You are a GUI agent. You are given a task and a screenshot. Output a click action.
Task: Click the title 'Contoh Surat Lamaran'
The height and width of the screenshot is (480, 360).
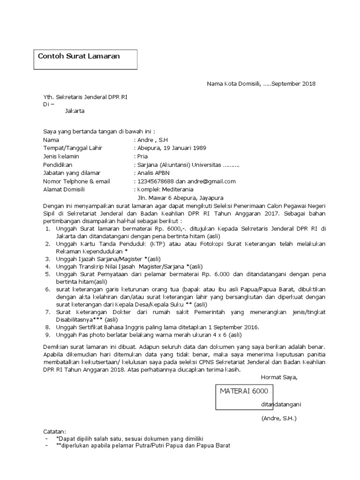tap(79, 56)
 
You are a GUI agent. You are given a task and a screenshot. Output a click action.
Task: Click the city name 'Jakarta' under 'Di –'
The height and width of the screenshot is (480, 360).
tap(75, 111)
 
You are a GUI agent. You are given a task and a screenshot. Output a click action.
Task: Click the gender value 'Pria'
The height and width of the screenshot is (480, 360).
tap(142, 156)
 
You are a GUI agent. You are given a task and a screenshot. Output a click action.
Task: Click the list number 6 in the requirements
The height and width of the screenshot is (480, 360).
tap(48, 290)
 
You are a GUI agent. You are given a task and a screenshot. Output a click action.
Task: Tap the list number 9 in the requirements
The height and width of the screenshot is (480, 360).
tap(48, 335)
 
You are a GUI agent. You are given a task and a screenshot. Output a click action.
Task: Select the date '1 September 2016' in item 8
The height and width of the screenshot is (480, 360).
tap(230, 327)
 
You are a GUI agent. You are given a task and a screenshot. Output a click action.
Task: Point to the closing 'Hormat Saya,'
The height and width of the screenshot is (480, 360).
tap(279, 377)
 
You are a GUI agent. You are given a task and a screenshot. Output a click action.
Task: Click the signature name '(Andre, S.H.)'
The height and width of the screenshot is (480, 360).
tap(279, 418)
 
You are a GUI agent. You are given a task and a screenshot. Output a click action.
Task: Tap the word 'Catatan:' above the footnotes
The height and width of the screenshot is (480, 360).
tap(55, 431)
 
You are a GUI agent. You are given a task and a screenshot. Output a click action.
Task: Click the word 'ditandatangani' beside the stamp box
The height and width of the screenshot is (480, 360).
tap(281, 405)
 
